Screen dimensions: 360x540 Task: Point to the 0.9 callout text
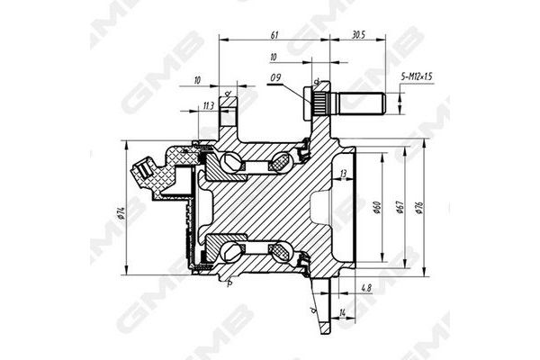pyautogui.click(x=275, y=78)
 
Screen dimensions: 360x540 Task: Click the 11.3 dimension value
pyautogui.click(x=209, y=106)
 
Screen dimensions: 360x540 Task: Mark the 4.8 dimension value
pyautogui.click(x=365, y=289)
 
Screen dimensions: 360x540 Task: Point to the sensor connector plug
pyautogui.click(x=143, y=171)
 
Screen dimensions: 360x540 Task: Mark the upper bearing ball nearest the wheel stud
pyautogui.click(x=281, y=163)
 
